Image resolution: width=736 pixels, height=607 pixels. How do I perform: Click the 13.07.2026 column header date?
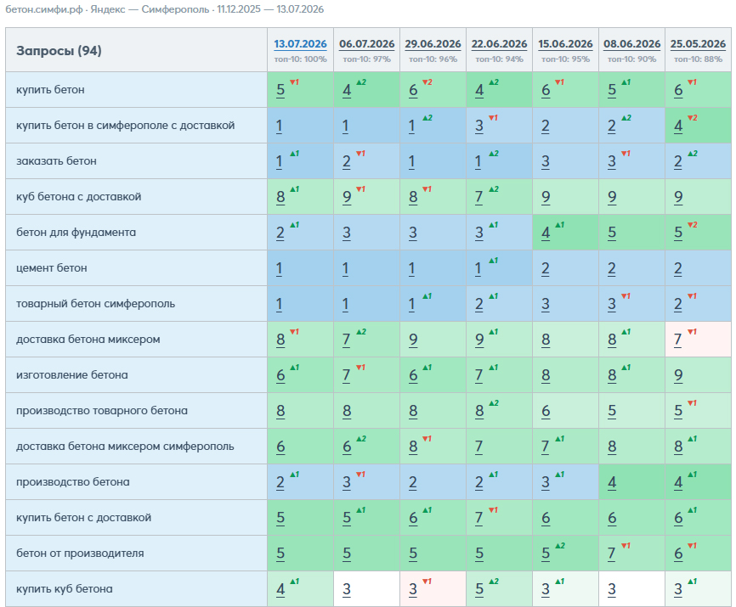[300, 44]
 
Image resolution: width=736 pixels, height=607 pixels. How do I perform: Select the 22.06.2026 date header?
[500, 44]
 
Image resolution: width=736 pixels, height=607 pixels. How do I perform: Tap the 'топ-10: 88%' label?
[698, 59]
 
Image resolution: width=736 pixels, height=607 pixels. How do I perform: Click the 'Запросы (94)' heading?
[59, 51]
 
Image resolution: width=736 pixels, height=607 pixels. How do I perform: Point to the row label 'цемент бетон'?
[52, 268]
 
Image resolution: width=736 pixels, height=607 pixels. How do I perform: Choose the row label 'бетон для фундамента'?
[76, 233]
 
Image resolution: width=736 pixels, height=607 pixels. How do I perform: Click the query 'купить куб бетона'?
[65, 588]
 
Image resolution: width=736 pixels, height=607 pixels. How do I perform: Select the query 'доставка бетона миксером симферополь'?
[125, 447]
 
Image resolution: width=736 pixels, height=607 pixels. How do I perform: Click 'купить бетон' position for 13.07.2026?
[280, 90]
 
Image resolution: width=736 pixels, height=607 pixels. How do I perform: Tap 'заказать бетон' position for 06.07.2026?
[347, 161]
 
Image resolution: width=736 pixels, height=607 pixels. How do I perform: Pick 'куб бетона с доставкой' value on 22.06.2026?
[479, 197]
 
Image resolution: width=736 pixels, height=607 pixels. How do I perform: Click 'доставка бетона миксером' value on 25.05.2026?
[678, 340]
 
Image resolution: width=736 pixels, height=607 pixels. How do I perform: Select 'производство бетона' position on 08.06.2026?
[612, 482]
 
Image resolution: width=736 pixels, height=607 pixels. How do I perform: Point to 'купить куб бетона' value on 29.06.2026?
[413, 589]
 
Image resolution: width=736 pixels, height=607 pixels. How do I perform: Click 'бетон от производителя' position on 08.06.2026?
[612, 554]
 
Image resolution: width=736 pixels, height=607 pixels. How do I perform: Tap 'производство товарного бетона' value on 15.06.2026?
[546, 411]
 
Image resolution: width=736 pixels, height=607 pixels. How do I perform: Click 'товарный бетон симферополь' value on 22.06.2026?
[479, 304]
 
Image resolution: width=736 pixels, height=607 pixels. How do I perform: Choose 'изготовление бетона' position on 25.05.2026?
[678, 375]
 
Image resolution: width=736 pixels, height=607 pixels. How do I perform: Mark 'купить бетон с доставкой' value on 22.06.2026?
[479, 518]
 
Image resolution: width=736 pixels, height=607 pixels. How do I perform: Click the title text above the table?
[165, 9]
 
